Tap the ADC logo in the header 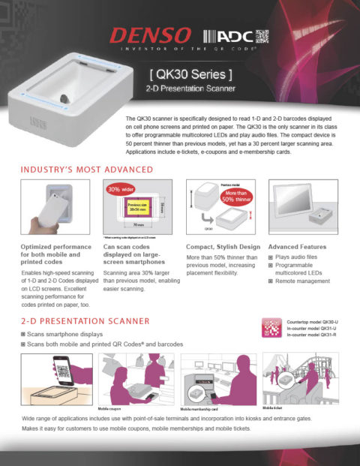point(223,35)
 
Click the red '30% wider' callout point(118,189)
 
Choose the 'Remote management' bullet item point(302,284)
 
